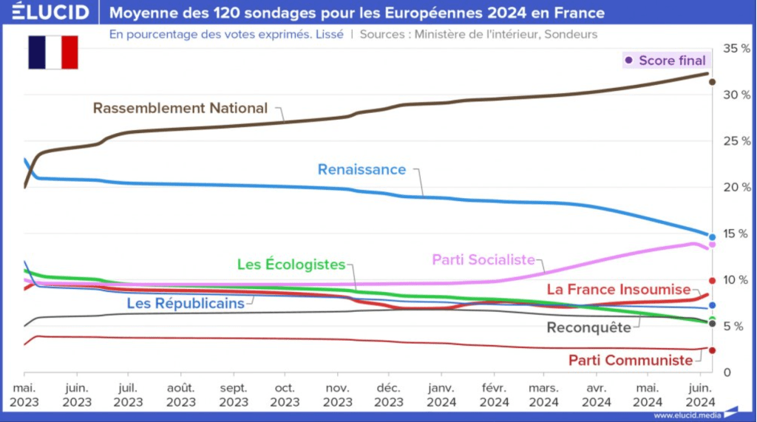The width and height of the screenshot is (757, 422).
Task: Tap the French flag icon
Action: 53,52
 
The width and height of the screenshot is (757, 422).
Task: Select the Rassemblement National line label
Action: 180,108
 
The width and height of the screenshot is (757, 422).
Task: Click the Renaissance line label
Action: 361,169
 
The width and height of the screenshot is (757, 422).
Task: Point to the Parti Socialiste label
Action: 483,259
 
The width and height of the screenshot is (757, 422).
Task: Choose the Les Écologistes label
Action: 291,264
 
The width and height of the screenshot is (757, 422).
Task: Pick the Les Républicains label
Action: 185,302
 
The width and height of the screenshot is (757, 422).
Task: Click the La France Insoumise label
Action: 618,289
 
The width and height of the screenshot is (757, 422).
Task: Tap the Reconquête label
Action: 588,327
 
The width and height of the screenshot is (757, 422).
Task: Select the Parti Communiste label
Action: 631,360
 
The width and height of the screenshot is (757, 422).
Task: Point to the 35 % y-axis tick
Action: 736,48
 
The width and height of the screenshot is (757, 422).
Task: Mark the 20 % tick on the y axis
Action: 736,187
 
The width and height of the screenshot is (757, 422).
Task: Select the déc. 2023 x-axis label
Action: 389,395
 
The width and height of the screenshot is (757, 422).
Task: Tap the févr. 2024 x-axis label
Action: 494,395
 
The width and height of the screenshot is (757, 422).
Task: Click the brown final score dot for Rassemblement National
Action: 712,82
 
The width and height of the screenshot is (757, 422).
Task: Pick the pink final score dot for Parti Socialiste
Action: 712,244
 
